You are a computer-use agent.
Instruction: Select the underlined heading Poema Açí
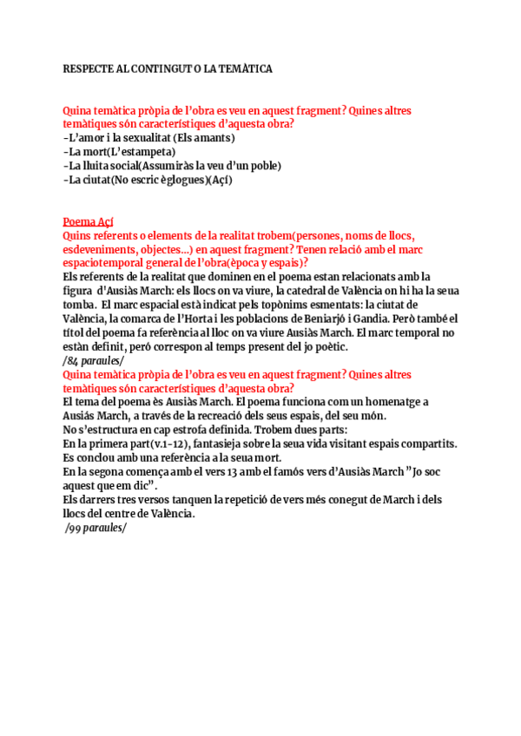pos(88,222)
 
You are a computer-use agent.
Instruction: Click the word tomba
pos(80,305)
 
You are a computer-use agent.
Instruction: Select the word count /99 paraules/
pos(96,527)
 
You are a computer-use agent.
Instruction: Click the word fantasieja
pos(221,444)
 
